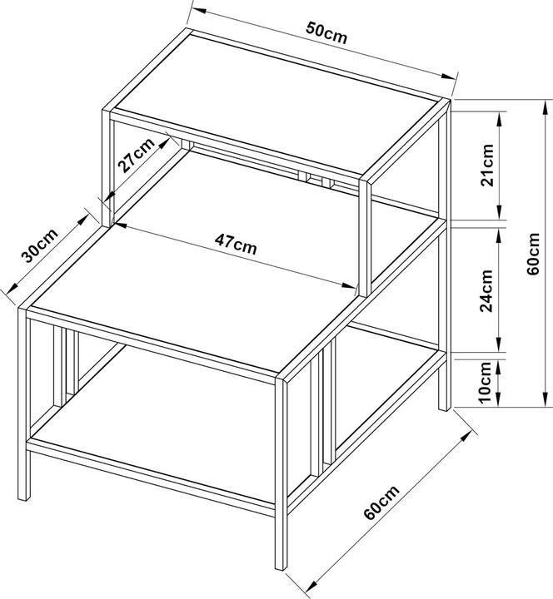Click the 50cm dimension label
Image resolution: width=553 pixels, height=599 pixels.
coord(326,33)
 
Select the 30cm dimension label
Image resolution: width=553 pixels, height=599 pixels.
coord(39,245)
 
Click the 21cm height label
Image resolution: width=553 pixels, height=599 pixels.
coord(487,165)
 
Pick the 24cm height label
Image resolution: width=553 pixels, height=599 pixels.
coord(486,290)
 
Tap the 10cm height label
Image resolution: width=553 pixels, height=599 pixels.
coord(485,383)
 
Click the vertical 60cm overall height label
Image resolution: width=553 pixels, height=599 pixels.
coord(533,253)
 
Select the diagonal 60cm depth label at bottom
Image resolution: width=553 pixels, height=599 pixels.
coord(381,502)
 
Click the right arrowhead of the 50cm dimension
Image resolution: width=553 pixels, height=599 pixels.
coord(447,76)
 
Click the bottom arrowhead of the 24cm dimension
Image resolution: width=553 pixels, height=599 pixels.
coord(499,344)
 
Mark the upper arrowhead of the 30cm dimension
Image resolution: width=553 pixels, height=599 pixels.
coord(83,220)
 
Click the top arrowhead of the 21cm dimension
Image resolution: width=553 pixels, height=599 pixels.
coord(499,119)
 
